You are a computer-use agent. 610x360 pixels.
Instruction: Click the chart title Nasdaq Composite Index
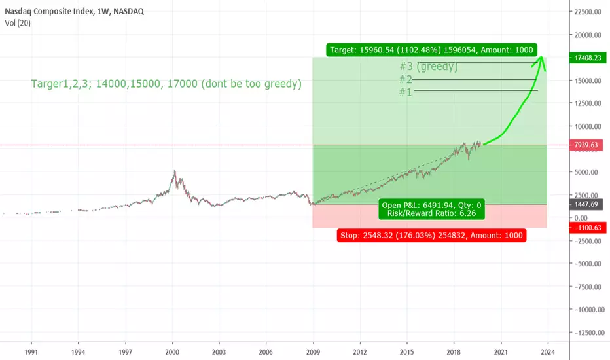[x=49, y=11]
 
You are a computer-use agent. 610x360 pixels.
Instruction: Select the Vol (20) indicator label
[x=18, y=23]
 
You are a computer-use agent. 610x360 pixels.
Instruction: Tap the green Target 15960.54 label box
[x=431, y=50]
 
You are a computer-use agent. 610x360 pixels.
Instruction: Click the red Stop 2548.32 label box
[x=431, y=235]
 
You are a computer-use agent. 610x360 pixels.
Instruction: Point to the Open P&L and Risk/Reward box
[x=431, y=209]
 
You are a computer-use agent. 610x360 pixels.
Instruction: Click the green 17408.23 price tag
[x=588, y=58]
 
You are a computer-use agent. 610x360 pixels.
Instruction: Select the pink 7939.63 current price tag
[x=586, y=145]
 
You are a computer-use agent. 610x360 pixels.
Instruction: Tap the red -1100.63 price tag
[x=588, y=228]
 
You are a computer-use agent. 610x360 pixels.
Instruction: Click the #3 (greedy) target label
[x=429, y=67]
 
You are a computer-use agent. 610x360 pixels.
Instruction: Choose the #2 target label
[x=405, y=79]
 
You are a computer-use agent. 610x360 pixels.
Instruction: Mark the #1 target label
[x=405, y=92]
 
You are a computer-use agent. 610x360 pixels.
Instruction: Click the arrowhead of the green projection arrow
[x=541, y=58]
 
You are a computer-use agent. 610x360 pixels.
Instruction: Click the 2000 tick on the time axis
[x=172, y=352]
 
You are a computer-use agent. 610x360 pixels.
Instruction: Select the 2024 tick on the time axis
[x=548, y=352]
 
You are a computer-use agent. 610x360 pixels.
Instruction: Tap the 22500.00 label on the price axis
[x=588, y=12]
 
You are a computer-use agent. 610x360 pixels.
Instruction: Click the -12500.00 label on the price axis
[x=589, y=333]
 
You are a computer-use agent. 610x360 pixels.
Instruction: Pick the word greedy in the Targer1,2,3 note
[x=281, y=84]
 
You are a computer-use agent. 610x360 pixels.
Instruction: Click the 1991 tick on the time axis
[x=31, y=352]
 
